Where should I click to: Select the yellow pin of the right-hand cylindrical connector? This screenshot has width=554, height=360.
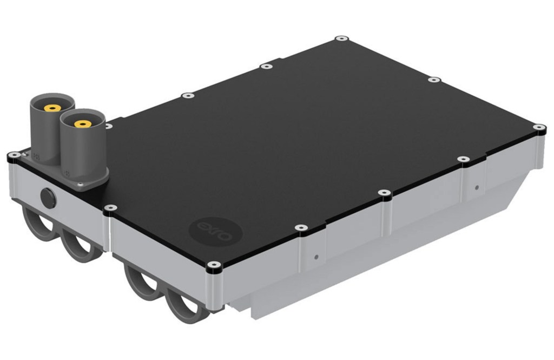[x=82, y=124]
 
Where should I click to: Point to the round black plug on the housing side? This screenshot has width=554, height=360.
[x=48, y=197]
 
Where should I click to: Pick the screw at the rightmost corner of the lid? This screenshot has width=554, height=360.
[x=539, y=128]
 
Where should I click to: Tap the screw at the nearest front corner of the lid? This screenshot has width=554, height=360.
[x=213, y=265]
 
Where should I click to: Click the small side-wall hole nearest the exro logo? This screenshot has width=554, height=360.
[x=317, y=257]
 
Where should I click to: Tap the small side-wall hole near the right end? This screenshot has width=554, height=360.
[x=477, y=188]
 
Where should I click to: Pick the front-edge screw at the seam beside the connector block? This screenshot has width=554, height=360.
[x=110, y=207]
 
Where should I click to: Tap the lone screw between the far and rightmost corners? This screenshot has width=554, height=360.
[x=434, y=80]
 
